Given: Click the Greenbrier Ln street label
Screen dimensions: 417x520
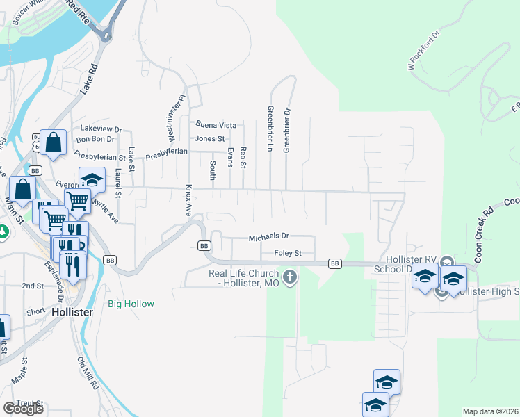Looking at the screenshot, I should tap(269, 129).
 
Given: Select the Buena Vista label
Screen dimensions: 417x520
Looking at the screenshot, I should tap(216, 125).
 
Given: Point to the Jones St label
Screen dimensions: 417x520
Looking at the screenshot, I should tap(209, 138).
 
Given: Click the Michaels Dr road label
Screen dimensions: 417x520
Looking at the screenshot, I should tap(268, 238).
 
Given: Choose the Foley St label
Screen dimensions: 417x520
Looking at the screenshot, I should tap(287, 253).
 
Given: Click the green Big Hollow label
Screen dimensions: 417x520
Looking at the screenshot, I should tap(131, 304).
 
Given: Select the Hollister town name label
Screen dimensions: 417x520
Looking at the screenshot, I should tap(72, 313).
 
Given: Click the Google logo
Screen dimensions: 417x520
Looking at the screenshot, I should tap(23, 409).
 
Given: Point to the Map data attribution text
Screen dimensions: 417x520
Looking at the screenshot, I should tap(491, 411).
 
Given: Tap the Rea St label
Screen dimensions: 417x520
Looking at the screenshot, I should tap(243, 157).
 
